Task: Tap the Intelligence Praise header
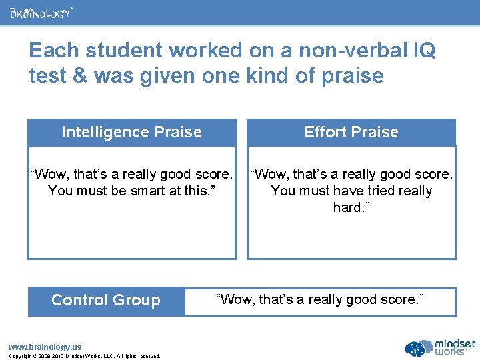(x=131, y=132)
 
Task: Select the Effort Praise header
(x=351, y=132)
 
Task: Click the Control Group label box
(x=105, y=300)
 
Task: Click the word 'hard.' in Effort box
(x=351, y=208)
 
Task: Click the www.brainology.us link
(x=44, y=347)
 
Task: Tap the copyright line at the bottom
(x=84, y=356)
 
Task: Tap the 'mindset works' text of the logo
(x=455, y=347)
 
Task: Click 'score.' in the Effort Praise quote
(x=431, y=175)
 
